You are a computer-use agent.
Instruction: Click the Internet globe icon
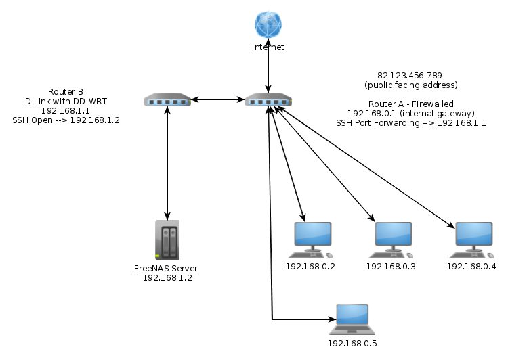(268, 24)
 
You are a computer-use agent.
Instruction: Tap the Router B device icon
(167, 99)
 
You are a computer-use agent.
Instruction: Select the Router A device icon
(268, 99)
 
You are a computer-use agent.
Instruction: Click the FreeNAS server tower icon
(167, 240)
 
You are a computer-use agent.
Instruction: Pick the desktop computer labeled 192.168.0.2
(310, 240)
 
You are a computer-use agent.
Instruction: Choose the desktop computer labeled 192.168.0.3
(391, 240)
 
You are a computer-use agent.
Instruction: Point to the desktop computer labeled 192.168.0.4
(471, 240)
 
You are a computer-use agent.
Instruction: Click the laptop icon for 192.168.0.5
(352, 319)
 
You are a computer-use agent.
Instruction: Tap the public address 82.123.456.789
(410, 75)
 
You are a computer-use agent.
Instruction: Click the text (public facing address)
(411, 85)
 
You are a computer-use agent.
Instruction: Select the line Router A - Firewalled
(411, 104)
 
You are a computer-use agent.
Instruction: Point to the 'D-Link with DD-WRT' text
(66, 102)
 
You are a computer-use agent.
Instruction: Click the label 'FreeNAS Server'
(166, 269)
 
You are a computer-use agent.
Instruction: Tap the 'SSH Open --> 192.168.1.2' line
(66, 120)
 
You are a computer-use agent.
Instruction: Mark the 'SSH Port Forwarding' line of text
(411, 123)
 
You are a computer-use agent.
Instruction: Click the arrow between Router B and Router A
(217, 99)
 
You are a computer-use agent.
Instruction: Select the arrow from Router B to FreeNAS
(167, 163)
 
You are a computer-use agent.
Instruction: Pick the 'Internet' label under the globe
(268, 47)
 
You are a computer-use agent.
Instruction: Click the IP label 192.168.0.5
(352, 344)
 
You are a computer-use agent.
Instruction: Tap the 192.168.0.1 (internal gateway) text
(411, 114)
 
